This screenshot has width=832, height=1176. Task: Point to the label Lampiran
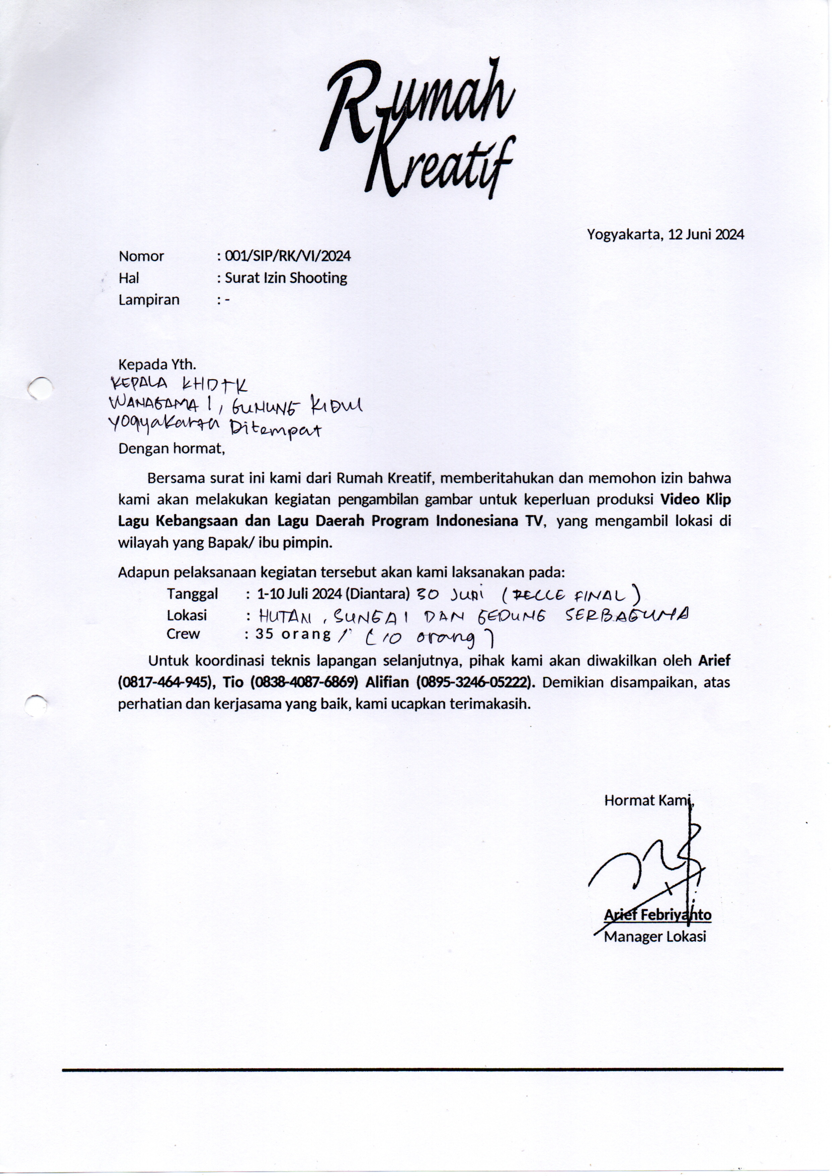click(149, 300)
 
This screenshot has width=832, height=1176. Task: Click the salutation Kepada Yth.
click(157, 365)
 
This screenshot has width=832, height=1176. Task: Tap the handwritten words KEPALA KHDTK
click(179, 385)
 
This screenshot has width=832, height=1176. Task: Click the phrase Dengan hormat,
click(172, 449)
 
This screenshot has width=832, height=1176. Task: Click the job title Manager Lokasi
click(655, 937)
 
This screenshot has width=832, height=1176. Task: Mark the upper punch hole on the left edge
click(40, 388)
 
